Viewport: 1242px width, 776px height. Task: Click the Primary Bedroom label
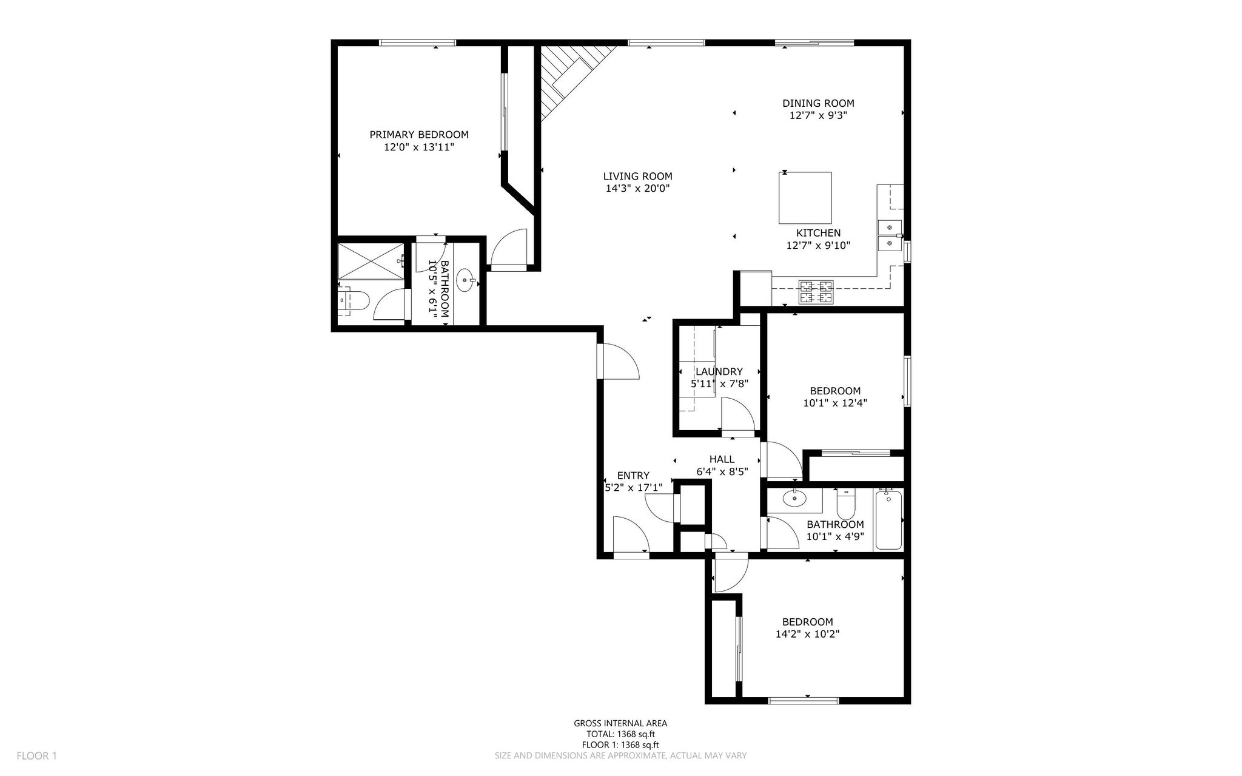tap(419, 135)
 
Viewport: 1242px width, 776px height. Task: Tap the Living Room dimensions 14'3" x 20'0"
tap(637, 189)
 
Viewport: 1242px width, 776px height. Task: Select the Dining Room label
tap(818, 103)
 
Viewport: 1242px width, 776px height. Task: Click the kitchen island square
tap(805, 198)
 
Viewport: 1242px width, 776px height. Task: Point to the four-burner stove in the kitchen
tap(816, 292)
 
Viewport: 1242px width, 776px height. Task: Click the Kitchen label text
tap(818, 233)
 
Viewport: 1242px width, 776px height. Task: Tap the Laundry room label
tap(719, 372)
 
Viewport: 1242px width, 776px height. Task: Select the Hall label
tap(722, 459)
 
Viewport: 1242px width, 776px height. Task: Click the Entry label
tap(633, 476)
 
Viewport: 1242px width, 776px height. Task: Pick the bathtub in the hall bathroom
tap(888, 519)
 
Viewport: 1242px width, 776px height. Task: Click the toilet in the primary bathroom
tap(354, 300)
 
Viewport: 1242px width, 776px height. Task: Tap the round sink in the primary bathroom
tap(466, 280)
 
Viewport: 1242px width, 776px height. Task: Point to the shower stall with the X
tap(371, 261)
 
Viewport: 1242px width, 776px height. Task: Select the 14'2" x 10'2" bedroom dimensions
tap(807, 634)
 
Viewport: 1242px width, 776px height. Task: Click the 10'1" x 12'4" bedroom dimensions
tap(835, 403)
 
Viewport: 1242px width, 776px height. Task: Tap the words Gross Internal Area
tap(620, 723)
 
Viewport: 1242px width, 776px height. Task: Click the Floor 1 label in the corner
tap(36, 756)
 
